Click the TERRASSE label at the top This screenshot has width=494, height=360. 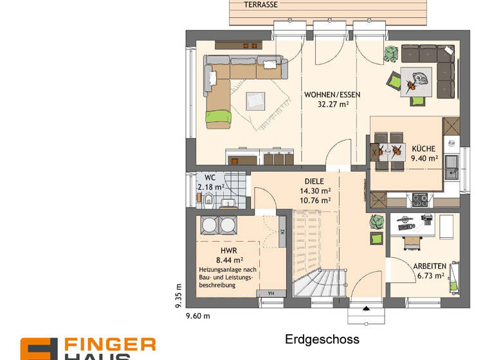261,4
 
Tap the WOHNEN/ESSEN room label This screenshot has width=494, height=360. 332,94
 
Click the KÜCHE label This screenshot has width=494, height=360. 424,148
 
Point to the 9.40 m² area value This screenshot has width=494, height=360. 424,157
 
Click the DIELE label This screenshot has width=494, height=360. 315,182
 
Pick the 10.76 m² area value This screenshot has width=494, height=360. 315,200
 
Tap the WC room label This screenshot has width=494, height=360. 210,177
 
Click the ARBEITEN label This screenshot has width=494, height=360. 430,266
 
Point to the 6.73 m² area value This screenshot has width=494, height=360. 430,275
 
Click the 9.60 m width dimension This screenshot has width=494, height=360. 198,316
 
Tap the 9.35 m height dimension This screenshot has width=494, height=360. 179,296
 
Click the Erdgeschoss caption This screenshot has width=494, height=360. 322,339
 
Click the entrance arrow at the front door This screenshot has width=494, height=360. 367,308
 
